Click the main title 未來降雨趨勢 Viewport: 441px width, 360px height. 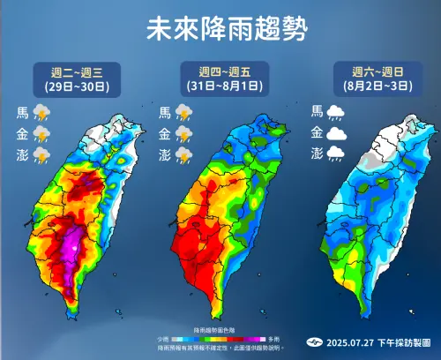[220, 30]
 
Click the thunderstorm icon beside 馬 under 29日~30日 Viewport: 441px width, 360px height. [41, 113]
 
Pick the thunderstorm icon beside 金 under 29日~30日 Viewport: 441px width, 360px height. [41, 134]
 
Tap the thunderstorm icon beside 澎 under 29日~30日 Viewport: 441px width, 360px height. [41, 155]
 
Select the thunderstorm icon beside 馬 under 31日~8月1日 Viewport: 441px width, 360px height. [184, 113]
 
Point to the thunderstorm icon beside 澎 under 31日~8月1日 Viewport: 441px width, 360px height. [184, 155]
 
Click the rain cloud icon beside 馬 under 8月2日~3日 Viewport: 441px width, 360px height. [336, 112]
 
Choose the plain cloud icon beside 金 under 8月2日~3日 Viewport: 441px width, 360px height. [336, 133]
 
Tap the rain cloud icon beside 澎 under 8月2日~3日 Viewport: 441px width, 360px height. [336, 154]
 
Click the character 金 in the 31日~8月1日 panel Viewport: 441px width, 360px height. [165, 134]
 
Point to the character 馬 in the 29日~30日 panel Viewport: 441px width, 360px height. [22, 113]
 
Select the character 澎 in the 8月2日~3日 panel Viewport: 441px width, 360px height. [317, 154]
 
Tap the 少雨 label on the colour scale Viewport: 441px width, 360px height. [164, 339]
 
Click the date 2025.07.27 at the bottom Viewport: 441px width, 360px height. [346, 341]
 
